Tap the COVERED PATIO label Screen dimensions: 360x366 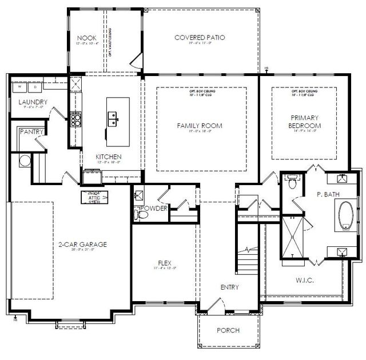click(x=200, y=38)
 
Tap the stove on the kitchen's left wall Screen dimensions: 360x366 click(x=75, y=119)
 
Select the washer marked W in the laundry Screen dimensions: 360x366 click(x=19, y=87)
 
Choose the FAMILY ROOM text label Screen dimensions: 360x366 click(x=200, y=126)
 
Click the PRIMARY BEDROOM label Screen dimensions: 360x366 click(x=305, y=122)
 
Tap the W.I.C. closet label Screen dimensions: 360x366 click(x=305, y=280)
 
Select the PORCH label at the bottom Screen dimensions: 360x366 click(x=228, y=330)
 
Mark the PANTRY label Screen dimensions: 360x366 click(x=30, y=131)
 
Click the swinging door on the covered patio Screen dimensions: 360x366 click(x=136, y=61)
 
